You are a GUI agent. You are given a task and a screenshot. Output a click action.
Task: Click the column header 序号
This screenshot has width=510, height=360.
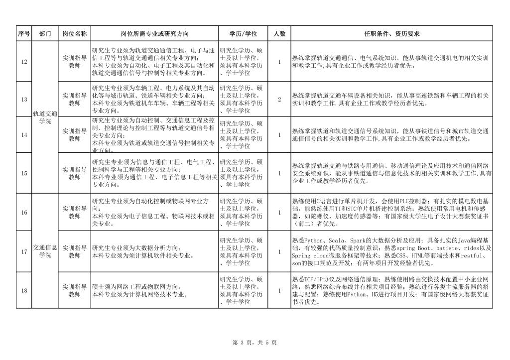pos(24,34)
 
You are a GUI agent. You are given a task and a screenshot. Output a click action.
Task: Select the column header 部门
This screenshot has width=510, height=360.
pos(45,34)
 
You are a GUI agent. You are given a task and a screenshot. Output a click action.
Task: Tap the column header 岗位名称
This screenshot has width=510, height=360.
pos(75,34)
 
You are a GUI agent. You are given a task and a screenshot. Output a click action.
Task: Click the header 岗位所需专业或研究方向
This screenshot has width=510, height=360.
pos(155,34)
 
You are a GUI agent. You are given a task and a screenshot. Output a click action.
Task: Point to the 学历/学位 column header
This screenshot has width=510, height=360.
pos(243,34)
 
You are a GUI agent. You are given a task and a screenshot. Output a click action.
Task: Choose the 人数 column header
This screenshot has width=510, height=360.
pos(279,34)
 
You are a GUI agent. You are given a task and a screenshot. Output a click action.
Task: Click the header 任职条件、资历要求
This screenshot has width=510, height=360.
pos(391,34)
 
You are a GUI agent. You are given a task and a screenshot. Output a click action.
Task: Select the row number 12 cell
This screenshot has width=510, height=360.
pos(24,62)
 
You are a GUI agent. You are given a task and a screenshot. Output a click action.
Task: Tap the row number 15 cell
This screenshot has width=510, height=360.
pos(24,173)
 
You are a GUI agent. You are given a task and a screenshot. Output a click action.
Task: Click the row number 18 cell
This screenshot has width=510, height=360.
pos(24,290)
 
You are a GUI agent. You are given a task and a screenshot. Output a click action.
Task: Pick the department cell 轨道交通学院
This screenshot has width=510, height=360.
pos(45,118)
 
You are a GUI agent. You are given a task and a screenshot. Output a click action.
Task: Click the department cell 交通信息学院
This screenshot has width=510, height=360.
pos(45,251)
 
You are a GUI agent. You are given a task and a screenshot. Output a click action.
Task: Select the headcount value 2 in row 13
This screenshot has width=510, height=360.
pos(279,100)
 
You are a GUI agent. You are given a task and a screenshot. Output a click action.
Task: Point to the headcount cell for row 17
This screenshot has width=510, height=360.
pos(279,252)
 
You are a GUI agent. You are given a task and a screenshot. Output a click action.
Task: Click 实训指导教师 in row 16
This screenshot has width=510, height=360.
pos(75,213)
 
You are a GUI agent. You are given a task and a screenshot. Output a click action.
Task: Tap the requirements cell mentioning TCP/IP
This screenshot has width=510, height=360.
pos(391,290)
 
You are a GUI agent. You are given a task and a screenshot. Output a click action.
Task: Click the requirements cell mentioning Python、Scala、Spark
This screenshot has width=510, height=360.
pos(391,252)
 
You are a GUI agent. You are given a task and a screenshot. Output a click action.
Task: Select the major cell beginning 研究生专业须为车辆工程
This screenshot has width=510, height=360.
pos(155,100)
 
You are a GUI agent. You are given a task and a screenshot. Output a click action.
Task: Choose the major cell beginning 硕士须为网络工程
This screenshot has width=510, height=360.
pos(155,290)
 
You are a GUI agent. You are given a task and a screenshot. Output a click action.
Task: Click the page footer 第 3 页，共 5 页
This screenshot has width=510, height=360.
pos(255,343)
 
